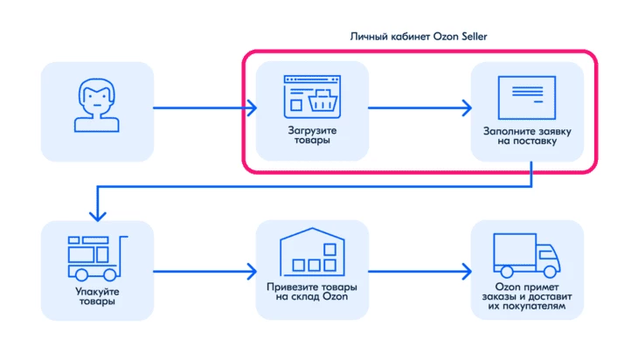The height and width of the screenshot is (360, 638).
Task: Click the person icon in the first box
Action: (x=97, y=105)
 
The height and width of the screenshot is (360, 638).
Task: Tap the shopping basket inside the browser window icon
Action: (x=322, y=100)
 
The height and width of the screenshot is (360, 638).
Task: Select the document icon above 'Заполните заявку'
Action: (x=527, y=98)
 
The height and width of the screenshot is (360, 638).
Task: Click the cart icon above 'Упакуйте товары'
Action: (x=97, y=259)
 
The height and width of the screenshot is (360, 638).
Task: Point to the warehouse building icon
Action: (x=312, y=252)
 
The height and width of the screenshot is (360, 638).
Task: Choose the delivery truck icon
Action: (x=527, y=255)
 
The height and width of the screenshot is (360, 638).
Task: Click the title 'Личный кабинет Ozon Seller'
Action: (x=419, y=37)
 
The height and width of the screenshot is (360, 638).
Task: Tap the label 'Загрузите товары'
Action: (x=312, y=135)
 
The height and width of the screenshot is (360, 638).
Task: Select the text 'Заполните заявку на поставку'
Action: (x=527, y=136)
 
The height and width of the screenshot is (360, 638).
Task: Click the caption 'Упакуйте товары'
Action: (x=97, y=296)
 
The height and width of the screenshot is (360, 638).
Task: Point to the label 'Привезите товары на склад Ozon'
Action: (x=312, y=292)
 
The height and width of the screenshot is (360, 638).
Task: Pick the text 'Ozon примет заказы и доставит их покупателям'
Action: (x=527, y=296)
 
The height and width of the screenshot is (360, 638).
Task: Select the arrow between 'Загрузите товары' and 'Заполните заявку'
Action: (x=420, y=107)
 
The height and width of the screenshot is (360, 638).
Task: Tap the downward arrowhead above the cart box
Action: (x=98, y=216)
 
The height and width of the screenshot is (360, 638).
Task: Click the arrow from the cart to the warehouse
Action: (x=205, y=272)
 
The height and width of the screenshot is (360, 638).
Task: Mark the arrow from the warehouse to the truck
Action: (x=420, y=272)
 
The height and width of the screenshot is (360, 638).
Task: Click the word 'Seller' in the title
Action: (x=474, y=37)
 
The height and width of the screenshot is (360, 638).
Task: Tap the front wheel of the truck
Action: (x=550, y=272)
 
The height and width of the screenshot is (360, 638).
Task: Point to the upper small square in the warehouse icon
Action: (x=330, y=249)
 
